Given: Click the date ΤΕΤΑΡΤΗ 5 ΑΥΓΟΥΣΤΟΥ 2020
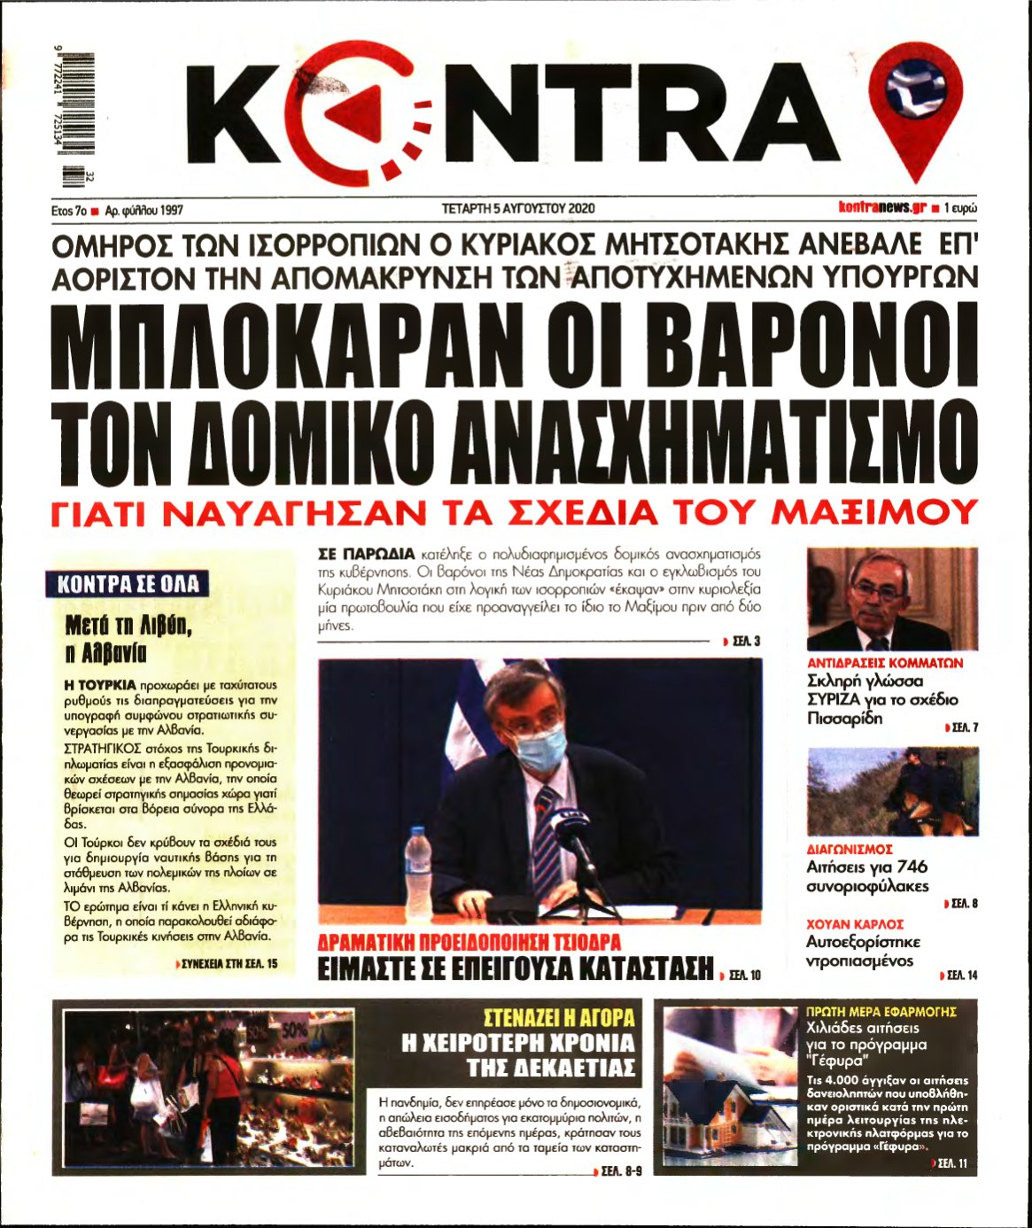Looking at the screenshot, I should (518, 209).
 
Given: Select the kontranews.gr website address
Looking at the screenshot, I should (882, 208).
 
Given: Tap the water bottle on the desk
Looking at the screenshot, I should (417, 859).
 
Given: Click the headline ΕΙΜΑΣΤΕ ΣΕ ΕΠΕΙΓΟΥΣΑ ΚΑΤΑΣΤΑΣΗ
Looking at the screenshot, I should (516, 968).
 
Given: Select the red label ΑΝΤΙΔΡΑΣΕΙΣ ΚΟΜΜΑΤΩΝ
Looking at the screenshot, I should (885, 663).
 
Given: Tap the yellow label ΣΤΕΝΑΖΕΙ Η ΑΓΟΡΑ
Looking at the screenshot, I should (560, 1017).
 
